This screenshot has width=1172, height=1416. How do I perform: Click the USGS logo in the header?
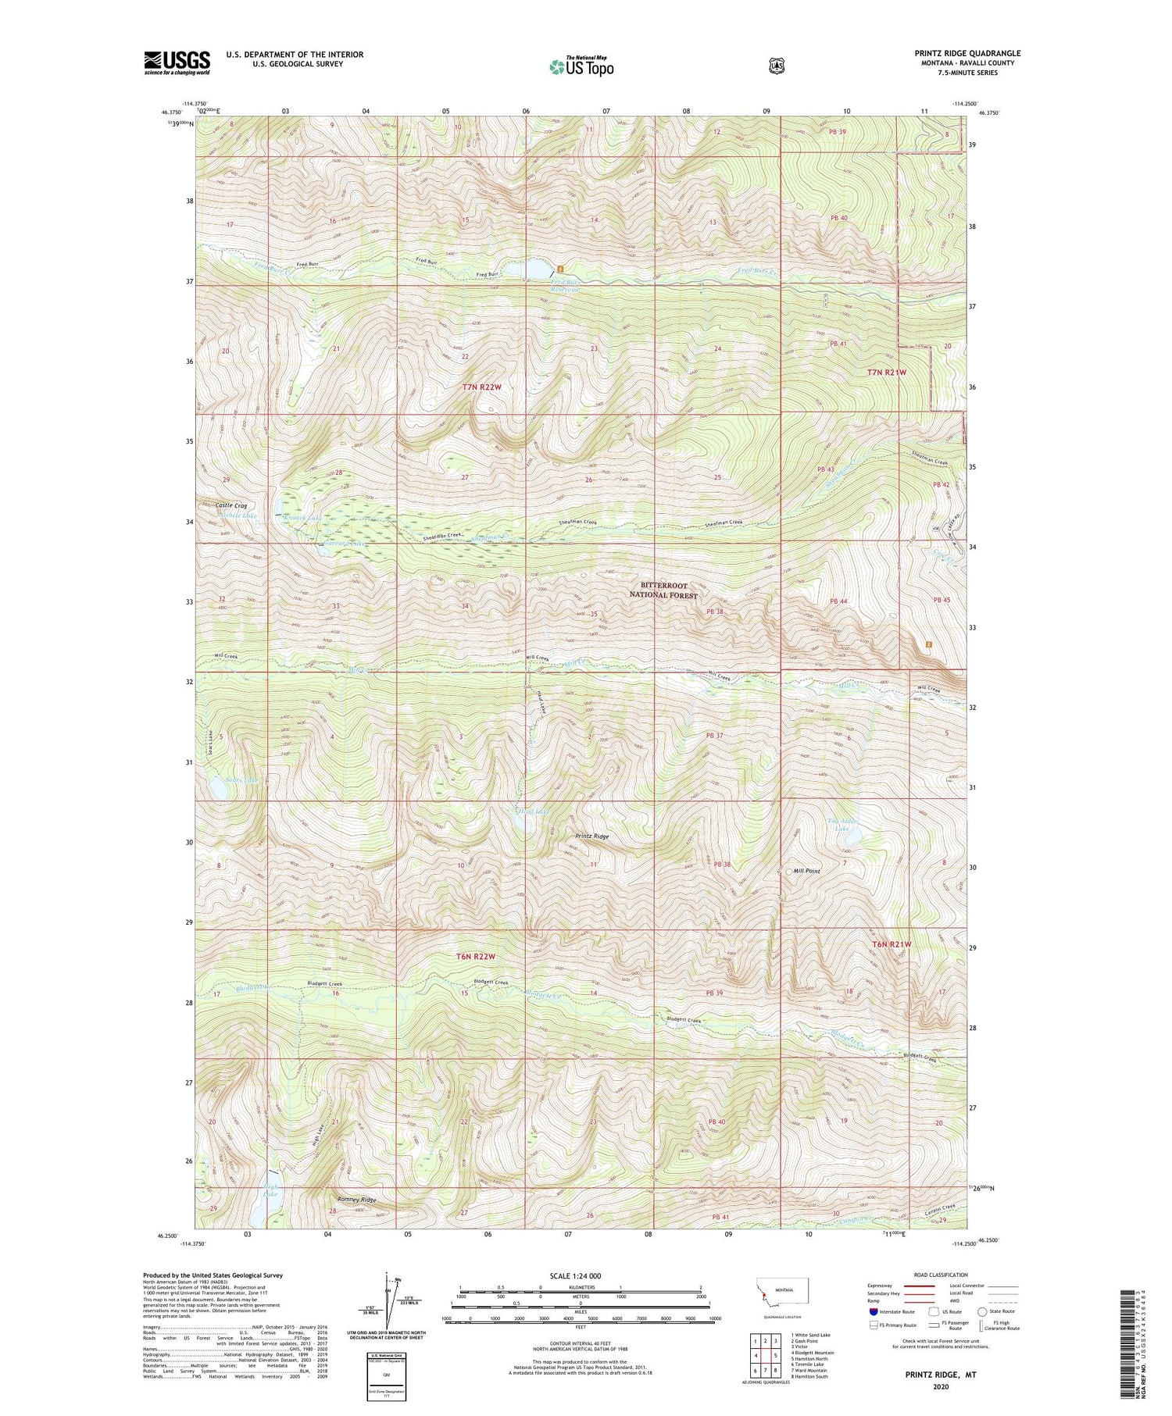tap(177, 62)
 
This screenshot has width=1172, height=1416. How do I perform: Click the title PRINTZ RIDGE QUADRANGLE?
tap(967, 53)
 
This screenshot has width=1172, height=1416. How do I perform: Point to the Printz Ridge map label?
tap(591, 836)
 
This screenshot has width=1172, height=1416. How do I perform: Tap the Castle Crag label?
tap(230, 505)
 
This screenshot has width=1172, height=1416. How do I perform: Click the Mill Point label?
tap(806, 871)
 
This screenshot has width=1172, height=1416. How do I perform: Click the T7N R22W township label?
tap(481, 387)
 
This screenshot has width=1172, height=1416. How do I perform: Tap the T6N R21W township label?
tap(892, 944)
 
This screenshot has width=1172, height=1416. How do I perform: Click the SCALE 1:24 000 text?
tap(581, 1275)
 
